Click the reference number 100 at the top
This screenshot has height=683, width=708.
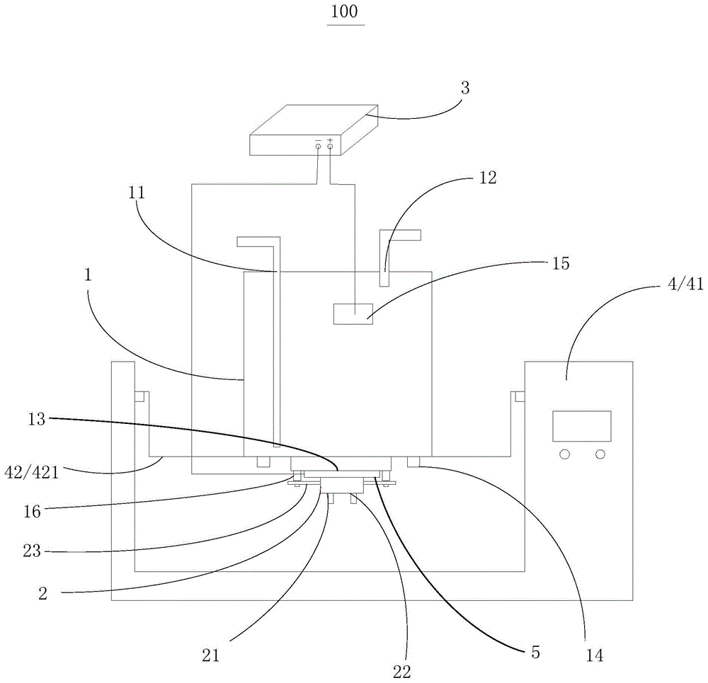coord(345,13)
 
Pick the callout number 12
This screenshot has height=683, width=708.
coord(487,178)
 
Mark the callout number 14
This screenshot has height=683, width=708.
coord(595,656)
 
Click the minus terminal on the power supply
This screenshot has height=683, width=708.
coord(318,146)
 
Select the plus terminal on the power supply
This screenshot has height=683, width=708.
coord(330,146)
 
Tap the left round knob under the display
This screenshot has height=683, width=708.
coord(564,454)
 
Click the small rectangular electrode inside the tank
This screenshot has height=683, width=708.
coord(353,313)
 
